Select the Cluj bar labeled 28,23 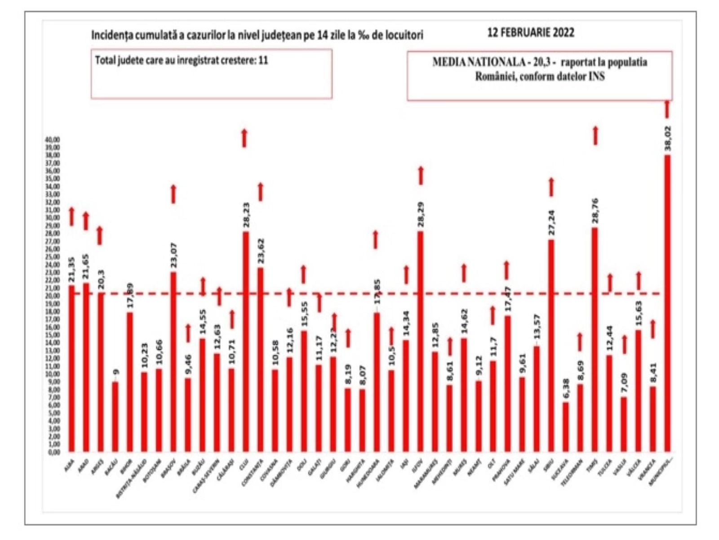pyautogui.click(x=245, y=342)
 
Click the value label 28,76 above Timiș pyautogui.click(x=595, y=211)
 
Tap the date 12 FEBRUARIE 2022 pyautogui.click(x=531, y=33)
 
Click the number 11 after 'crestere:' pyautogui.click(x=263, y=60)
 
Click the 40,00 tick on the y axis pyautogui.click(x=53, y=139)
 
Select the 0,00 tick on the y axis pyautogui.click(x=53, y=452)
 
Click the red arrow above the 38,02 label pyautogui.click(x=667, y=109)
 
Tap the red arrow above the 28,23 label pyautogui.click(x=244, y=138)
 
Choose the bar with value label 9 pyautogui.click(x=115, y=417)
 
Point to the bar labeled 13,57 pyautogui.click(x=537, y=399)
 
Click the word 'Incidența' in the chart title pyautogui.click(x=108, y=35)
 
